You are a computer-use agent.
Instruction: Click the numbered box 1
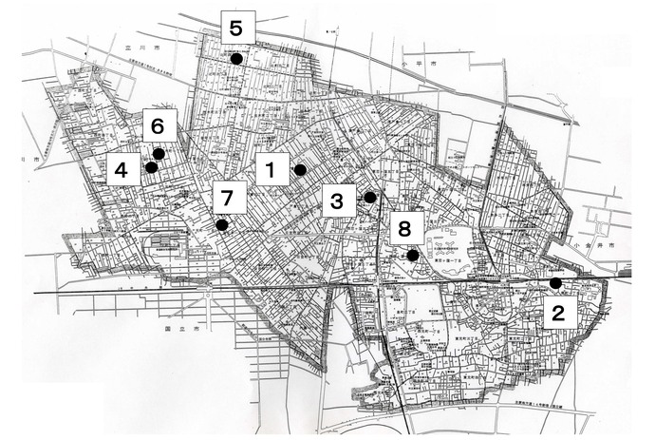coord(271,171)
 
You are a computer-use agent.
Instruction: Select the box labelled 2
coord(560,315)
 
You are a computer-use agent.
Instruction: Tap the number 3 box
coord(337,201)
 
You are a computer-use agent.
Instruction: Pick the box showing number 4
coord(122,171)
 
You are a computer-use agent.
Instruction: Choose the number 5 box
coord(236,26)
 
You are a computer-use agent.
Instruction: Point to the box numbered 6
coord(159,124)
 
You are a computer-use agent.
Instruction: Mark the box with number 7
coord(227,198)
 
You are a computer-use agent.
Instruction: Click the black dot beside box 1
coord(300,170)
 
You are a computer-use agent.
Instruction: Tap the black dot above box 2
coord(555,283)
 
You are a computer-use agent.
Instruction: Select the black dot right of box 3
coord(369,198)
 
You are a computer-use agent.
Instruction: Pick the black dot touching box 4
coord(151,168)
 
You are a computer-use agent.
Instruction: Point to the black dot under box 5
coord(235,59)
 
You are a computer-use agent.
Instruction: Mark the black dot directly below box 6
coord(159,153)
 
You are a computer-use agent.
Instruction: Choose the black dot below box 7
coord(221,225)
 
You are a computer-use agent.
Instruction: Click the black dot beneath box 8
coord(412,255)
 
